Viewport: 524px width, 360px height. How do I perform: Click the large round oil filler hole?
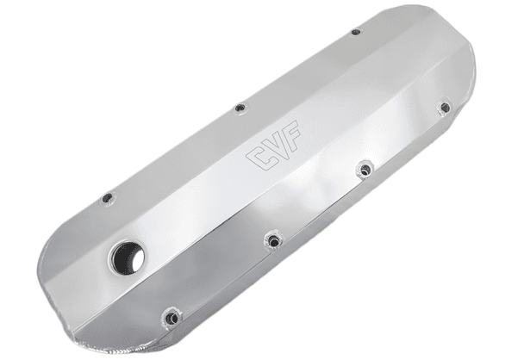[x=127, y=258]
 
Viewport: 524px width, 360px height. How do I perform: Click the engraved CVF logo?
[x=274, y=145]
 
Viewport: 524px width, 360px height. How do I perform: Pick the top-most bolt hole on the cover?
[x=356, y=32]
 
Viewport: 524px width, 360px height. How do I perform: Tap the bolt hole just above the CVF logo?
[x=240, y=109]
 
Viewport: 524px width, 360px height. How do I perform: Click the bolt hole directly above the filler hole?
[x=108, y=198]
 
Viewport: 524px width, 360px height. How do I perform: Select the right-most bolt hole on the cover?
[x=445, y=108]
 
